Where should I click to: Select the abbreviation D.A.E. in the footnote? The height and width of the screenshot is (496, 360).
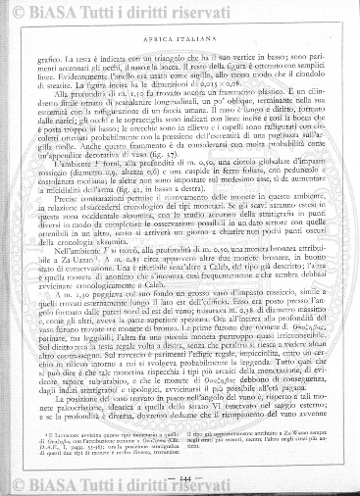(x=76, y=449)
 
